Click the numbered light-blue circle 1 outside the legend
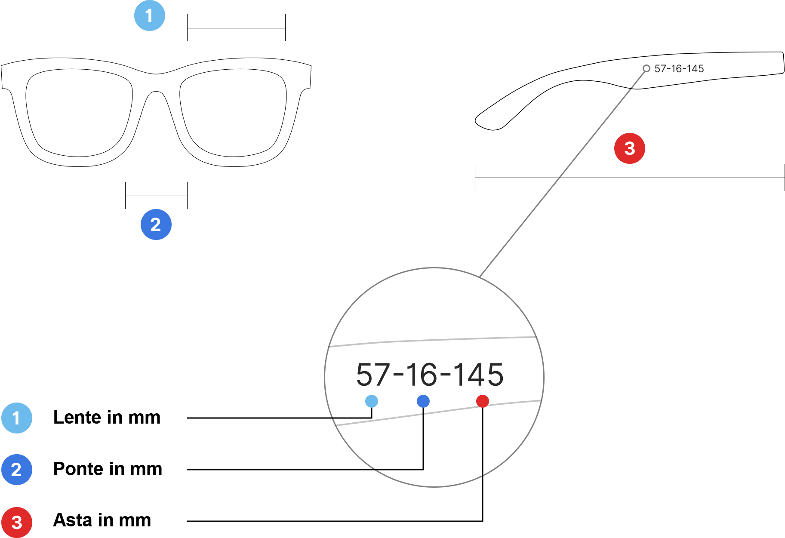coord(149,16)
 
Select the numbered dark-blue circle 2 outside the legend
coord(156,224)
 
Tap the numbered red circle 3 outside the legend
coord(629,148)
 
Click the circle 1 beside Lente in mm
coord(17,418)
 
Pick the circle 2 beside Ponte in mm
coord(17,470)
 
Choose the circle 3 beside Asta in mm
coord(17,523)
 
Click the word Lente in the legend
coord(77,418)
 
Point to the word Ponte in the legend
coord(78,469)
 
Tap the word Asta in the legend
coord(73,520)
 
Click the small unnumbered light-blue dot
coord(372,401)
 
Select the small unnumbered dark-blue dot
coord(423,401)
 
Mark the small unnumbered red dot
coord(483,401)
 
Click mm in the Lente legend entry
coord(145,418)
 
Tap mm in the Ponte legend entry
coord(146,469)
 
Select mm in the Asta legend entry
coord(135,520)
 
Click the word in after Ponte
coord(117,469)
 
